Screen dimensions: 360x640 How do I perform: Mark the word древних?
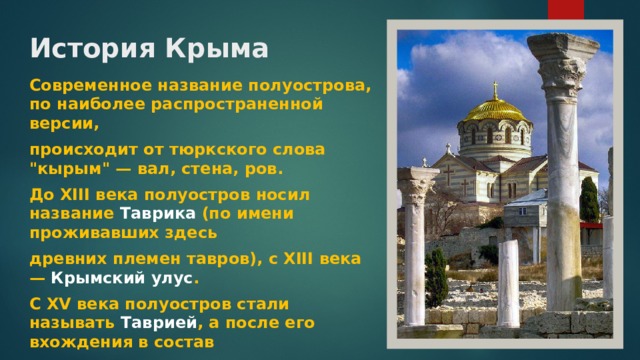pos(65,259)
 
